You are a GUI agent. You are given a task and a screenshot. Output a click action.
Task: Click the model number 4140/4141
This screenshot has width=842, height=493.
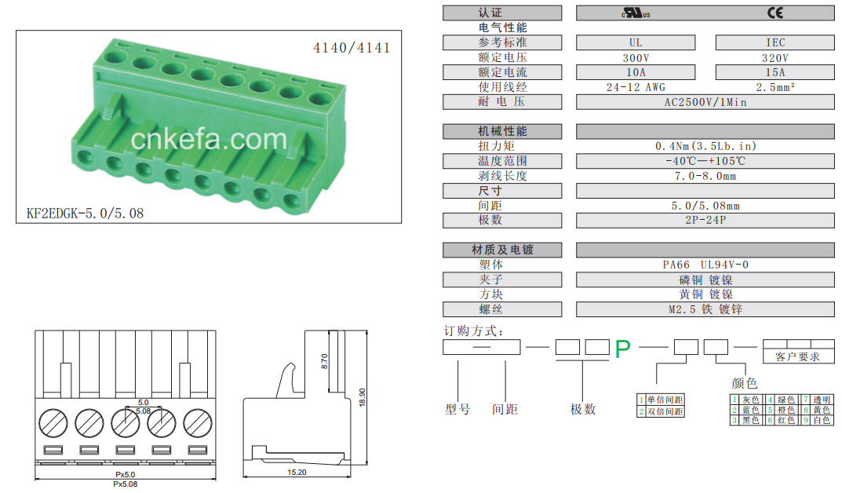click(352, 48)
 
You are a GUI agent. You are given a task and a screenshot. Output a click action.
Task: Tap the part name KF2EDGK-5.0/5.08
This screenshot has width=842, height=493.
click(86, 214)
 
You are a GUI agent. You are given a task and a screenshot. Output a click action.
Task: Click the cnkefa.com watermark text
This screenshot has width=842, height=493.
click(209, 139)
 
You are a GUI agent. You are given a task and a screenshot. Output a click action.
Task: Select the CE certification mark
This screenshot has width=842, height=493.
click(775, 13)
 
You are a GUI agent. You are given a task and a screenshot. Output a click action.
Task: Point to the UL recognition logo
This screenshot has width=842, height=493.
click(636, 13)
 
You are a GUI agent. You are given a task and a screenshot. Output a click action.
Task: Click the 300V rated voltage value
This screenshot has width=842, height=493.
click(636, 57)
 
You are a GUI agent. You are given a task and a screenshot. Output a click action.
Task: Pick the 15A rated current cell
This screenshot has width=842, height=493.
click(775, 72)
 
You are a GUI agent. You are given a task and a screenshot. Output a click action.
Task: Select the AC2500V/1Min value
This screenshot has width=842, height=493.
click(705, 102)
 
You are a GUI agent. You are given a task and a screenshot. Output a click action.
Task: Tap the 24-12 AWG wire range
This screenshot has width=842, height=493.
click(636, 87)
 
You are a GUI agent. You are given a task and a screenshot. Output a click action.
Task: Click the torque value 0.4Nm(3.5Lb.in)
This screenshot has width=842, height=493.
click(705, 146)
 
